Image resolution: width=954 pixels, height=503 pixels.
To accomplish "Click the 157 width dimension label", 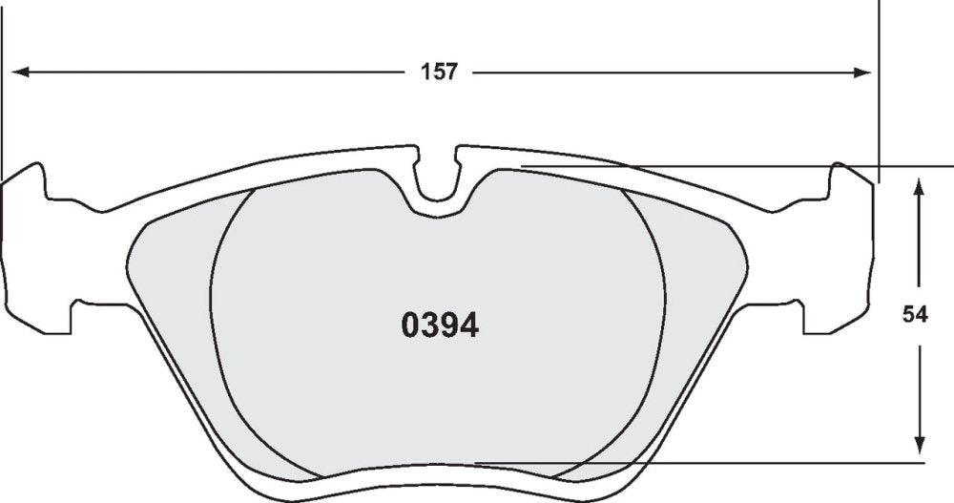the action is click(x=439, y=72).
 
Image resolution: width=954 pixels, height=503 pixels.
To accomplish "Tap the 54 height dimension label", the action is click(x=915, y=315).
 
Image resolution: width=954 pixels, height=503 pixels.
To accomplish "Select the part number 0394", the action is click(x=440, y=326).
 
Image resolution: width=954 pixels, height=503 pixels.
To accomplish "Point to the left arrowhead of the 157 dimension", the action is click(x=21, y=73).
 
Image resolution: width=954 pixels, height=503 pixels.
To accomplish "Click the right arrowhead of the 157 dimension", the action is click(x=862, y=73).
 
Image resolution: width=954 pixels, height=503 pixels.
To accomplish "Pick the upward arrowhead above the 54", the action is click(x=920, y=186).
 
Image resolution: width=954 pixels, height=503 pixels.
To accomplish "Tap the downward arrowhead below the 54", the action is click(x=920, y=445).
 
